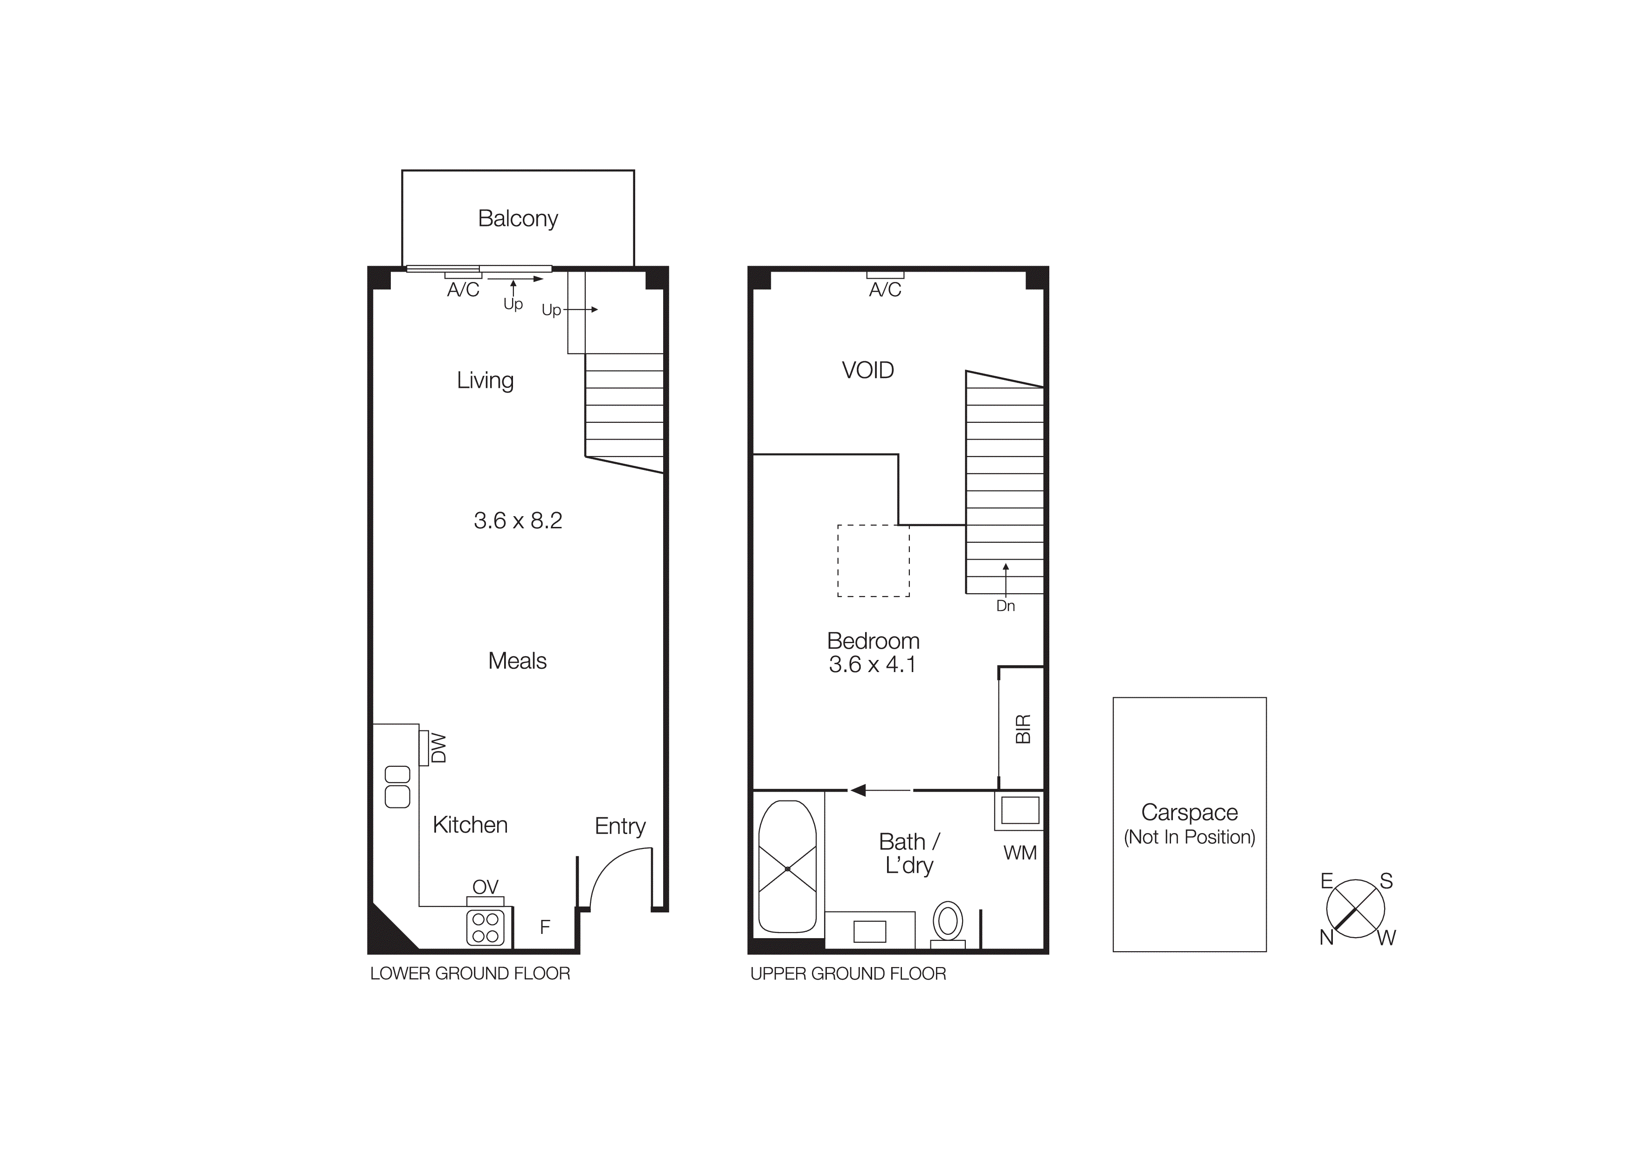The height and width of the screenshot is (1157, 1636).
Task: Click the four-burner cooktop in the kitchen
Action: pyautogui.click(x=485, y=927)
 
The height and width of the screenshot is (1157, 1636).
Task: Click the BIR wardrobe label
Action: pyautogui.click(x=1022, y=729)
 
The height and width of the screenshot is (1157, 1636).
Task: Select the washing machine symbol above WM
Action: pyautogui.click(x=1019, y=811)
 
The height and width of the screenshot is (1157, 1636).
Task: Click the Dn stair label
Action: pyautogui.click(x=1005, y=606)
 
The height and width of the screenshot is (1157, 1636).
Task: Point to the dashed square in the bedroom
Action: pyautogui.click(x=873, y=561)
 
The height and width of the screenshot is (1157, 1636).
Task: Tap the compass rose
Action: pyautogui.click(x=1355, y=909)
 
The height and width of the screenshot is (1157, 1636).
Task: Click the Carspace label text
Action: pyautogui.click(x=1189, y=812)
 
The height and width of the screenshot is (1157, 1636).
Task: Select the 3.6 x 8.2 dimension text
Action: pyautogui.click(x=518, y=520)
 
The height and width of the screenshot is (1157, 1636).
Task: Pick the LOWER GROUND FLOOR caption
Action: pyautogui.click(x=470, y=974)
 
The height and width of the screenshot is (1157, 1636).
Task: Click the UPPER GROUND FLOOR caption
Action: pyautogui.click(x=848, y=974)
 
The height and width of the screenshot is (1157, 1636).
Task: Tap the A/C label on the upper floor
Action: pyautogui.click(x=885, y=289)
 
